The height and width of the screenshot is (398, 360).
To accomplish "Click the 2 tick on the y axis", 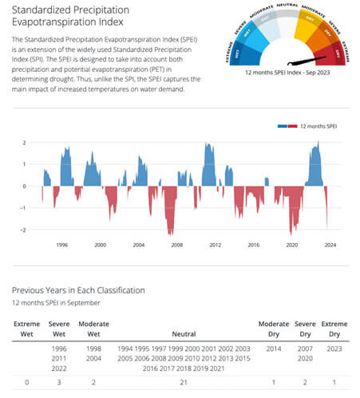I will tap(25, 143).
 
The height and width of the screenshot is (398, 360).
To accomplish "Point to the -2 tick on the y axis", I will tap(24, 230).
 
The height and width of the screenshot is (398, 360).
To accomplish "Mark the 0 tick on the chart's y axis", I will tap(25, 186).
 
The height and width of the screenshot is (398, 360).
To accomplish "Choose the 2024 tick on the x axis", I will tap(330, 245).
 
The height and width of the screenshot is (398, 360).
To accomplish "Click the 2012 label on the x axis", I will tap(215, 245).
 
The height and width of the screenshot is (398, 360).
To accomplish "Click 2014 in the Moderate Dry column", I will tap(273, 349).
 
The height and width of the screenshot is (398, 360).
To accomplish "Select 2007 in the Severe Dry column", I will tap(306, 349).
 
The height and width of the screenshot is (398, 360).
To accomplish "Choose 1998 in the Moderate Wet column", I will tap(93, 349).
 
